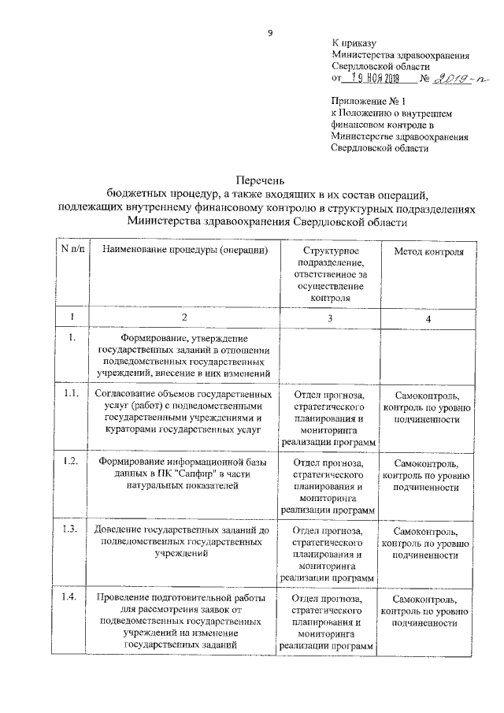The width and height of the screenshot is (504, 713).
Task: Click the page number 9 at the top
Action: tap(269, 32)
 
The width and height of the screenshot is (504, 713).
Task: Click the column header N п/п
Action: tap(72, 250)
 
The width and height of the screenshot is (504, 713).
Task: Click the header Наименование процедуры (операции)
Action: tap(183, 251)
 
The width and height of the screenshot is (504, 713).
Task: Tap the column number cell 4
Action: tap(428, 319)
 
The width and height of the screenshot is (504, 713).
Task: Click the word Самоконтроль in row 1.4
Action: tap(428, 600)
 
